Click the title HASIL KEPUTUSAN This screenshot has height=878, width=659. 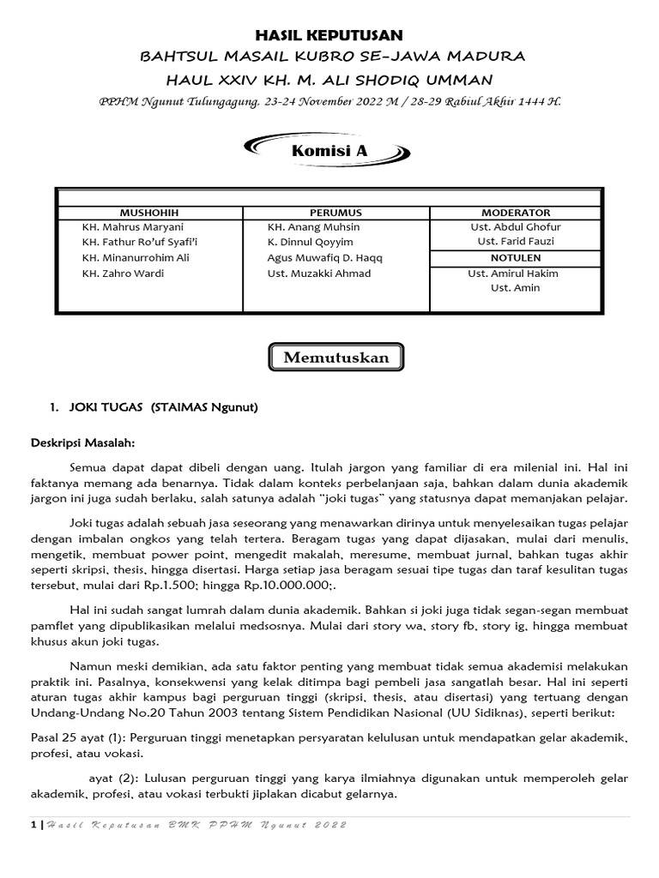330,34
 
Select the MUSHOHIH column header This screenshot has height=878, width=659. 149,212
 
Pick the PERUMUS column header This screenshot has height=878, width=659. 336,212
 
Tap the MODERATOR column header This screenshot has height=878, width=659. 515,212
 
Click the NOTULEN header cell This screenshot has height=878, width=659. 515,257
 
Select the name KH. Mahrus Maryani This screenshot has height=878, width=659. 133,227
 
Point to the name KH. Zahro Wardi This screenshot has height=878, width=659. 123,274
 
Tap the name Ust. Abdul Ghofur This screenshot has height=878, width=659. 515,227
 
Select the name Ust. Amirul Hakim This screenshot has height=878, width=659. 513,274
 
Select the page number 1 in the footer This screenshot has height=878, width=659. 33,825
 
